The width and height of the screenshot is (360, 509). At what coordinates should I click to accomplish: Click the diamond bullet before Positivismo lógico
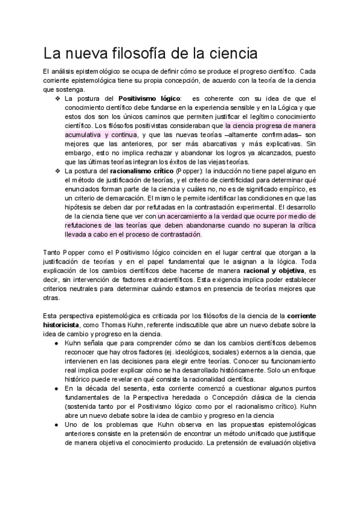tap(57, 98)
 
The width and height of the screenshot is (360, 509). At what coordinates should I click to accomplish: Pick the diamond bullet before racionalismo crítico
tap(57, 171)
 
